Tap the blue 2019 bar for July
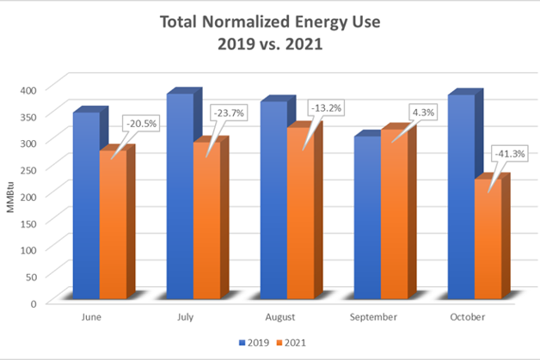click(179, 198)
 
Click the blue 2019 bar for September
click(367, 219)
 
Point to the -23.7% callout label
click(229, 113)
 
